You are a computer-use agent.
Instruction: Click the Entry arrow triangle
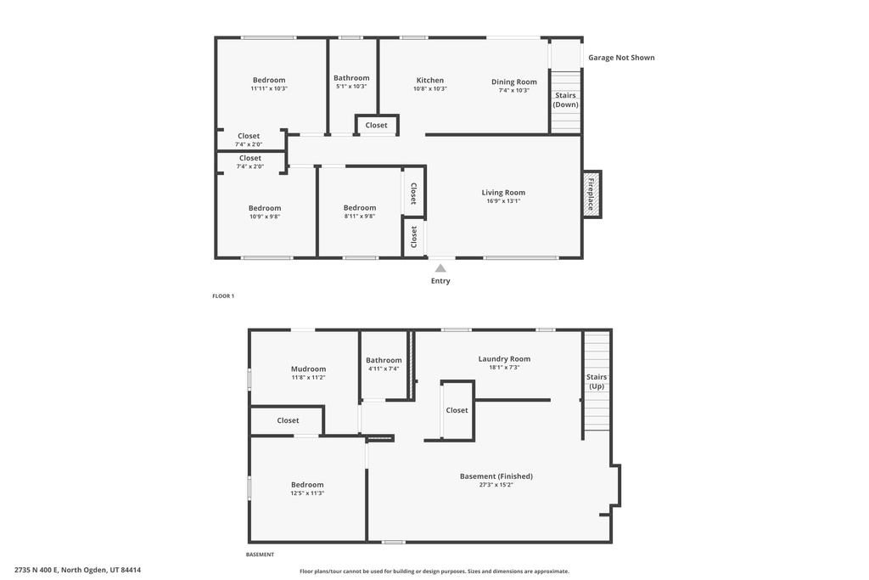pyautogui.click(x=440, y=268)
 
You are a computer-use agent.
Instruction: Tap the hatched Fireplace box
pyautogui.click(x=591, y=194)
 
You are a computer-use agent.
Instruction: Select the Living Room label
pyautogui.click(x=503, y=193)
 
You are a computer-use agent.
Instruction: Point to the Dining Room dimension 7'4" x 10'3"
pyautogui.click(x=513, y=90)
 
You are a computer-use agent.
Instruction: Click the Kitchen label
pyautogui.click(x=430, y=80)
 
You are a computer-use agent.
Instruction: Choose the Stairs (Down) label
pyautogui.click(x=566, y=100)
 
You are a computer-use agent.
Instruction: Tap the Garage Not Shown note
pyautogui.click(x=621, y=57)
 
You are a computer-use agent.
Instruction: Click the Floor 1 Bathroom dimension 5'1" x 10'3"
pyautogui.click(x=351, y=87)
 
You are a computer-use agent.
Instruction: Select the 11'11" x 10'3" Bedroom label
pyautogui.click(x=269, y=80)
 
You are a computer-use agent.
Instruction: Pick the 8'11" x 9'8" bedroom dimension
pyautogui.click(x=360, y=217)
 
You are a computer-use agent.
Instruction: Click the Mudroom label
pyautogui.click(x=308, y=369)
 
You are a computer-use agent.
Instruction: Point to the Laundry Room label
pyautogui.click(x=504, y=358)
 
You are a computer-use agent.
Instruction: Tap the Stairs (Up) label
pyautogui.click(x=597, y=381)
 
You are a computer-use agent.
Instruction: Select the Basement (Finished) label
pyautogui.click(x=496, y=476)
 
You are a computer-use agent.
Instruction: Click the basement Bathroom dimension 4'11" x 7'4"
pyautogui.click(x=384, y=369)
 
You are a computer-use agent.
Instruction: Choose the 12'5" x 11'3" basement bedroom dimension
pyautogui.click(x=307, y=493)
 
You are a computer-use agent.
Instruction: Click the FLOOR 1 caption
pyautogui.click(x=223, y=296)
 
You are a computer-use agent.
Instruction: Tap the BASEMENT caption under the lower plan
pyautogui.click(x=260, y=555)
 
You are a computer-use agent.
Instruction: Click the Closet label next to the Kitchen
pyautogui.click(x=376, y=126)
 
